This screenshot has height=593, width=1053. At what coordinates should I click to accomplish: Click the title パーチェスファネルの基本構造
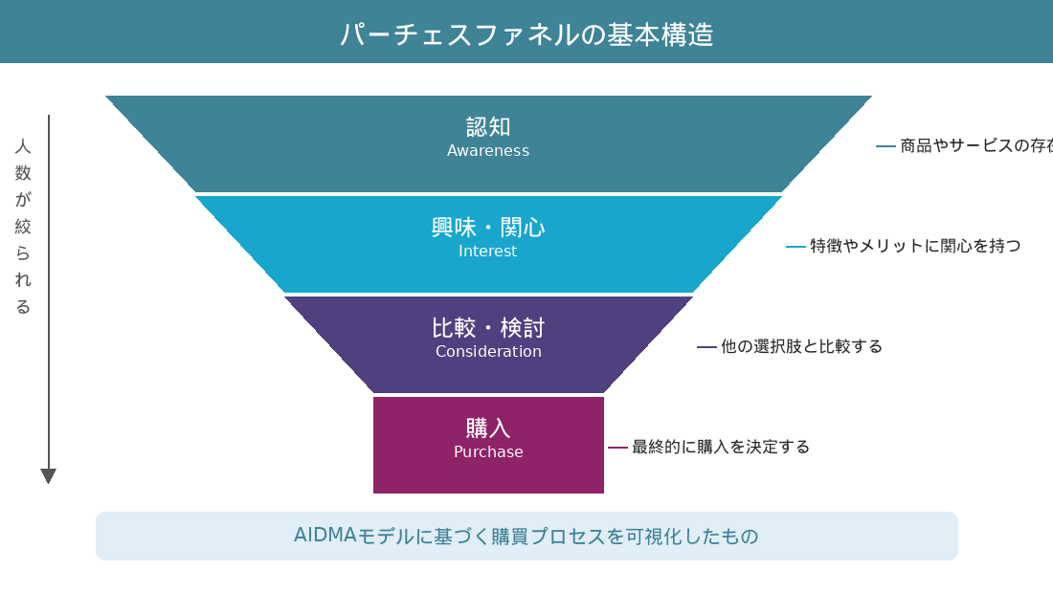[x=526, y=34]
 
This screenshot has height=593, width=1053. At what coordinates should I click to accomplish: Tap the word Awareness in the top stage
[x=488, y=151]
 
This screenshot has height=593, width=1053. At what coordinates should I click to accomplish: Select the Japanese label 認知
[x=488, y=126]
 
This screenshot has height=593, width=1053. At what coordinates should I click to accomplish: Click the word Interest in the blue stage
[x=488, y=252]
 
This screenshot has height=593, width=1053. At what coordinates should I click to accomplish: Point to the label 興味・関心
[x=488, y=228]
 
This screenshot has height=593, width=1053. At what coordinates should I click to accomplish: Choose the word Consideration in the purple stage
[x=488, y=352]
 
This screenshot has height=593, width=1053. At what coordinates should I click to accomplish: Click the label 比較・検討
[x=488, y=328]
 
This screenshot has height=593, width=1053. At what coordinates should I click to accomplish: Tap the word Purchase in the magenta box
[x=488, y=452]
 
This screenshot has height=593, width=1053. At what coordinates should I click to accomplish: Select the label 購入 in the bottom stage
[x=488, y=428]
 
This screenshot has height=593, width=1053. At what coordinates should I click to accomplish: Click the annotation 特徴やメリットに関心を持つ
[x=915, y=246]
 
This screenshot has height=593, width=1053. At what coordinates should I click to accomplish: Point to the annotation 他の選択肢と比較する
[x=801, y=346]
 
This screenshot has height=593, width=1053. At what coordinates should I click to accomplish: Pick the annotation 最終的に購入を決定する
[x=721, y=447]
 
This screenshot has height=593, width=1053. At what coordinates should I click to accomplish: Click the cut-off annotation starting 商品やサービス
[x=975, y=146]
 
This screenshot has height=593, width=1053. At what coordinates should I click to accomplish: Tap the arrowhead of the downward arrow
[x=49, y=475]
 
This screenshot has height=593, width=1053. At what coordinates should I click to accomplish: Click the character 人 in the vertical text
[x=24, y=146]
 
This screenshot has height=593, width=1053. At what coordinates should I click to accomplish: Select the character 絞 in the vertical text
[x=24, y=227]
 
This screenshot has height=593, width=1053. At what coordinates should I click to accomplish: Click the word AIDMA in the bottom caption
[x=325, y=536]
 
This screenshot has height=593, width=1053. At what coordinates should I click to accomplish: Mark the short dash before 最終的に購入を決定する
[x=617, y=447]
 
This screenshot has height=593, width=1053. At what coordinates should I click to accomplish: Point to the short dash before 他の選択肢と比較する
[x=706, y=346]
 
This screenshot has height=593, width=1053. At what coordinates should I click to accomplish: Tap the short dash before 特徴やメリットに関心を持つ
[x=795, y=246]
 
